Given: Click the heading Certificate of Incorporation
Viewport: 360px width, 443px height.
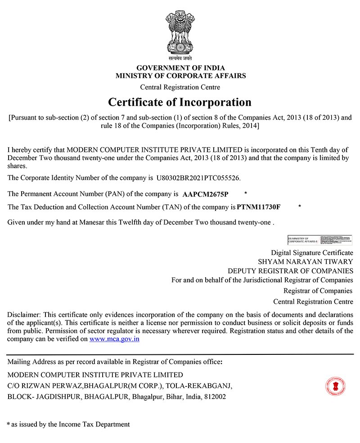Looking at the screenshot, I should [180, 102].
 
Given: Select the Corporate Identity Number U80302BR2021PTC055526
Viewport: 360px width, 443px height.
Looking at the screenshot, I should [198, 178].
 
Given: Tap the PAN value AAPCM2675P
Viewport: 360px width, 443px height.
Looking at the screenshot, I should [206, 195].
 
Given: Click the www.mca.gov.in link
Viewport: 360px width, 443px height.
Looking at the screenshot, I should [114, 339].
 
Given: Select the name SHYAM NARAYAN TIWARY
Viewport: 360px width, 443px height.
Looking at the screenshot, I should [306, 261].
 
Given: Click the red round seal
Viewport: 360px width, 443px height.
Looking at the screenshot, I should [335, 385].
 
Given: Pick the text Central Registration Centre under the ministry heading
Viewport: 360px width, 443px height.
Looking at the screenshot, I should [180, 87].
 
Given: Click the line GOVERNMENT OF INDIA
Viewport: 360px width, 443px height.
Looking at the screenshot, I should [180, 68].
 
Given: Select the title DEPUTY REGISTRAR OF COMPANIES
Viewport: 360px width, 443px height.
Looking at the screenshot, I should [290, 271].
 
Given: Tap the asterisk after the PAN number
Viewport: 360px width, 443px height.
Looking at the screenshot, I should [245, 194].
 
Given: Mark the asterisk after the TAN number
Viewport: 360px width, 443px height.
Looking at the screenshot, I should [300, 206].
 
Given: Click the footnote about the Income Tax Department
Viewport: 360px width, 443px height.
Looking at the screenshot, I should [68, 424].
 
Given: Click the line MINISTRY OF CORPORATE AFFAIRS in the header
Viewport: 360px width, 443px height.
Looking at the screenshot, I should [180, 76].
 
